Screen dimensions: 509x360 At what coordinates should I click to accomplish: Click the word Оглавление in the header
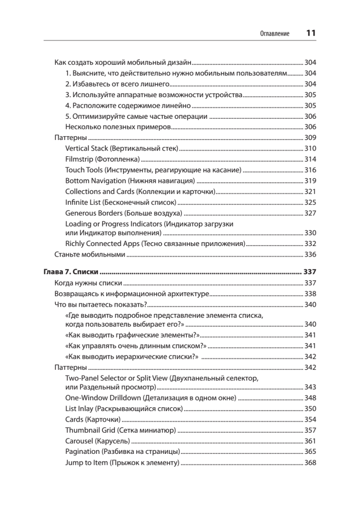275,34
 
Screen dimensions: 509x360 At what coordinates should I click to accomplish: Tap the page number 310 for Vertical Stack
310,148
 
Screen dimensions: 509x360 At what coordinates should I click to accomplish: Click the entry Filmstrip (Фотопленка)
103,159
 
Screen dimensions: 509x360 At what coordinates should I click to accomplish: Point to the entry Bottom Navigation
130,180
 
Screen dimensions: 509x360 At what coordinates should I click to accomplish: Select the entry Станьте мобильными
90,255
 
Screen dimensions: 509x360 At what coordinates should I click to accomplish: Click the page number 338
310,294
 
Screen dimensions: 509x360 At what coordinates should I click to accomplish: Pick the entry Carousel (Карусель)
98,441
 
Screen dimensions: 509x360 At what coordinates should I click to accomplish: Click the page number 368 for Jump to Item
310,462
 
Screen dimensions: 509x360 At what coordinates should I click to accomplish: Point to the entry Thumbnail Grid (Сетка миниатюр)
120,430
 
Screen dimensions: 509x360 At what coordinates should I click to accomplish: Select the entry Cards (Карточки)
92,420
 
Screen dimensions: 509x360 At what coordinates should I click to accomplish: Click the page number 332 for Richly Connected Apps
310,244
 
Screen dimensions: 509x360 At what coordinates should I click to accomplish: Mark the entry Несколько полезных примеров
118,127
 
